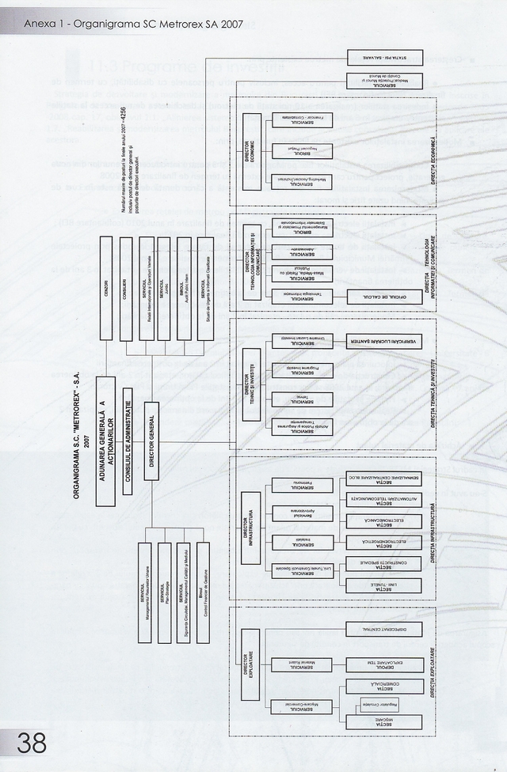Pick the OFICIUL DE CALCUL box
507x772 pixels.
pyautogui.click(x=384, y=297)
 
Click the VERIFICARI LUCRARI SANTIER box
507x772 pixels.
pyautogui.click(x=384, y=342)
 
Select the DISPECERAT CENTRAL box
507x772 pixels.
pyautogui.click(x=384, y=630)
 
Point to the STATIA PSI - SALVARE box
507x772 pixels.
pyautogui.click(x=384, y=58)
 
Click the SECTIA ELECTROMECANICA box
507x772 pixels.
pyautogui.click(x=384, y=520)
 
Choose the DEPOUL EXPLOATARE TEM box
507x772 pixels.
pyautogui.click(x=384, y=664)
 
